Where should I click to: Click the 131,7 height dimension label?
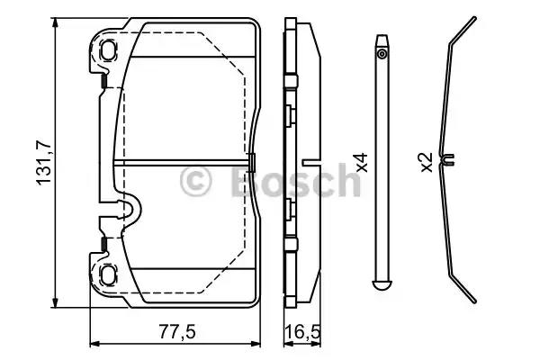pyautogui.click(x=44, y=163)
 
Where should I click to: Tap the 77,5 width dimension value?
pyautogui.click(x=177, y=332)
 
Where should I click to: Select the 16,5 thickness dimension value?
pyautogui.click(x=302, y=332)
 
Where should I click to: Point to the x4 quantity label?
pyautogui.click(x=363, y=162)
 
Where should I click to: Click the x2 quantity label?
pyautogui.click(x=427, y=162)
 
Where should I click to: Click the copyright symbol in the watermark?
pyautogui.click(x=195, y=182)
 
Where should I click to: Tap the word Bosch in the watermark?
pyautogui.click(x=295, y=180)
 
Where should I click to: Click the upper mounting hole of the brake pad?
pyautogui.click(x=109, y=50)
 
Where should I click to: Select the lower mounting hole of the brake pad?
pyautogui.click(x=109, y=274)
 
